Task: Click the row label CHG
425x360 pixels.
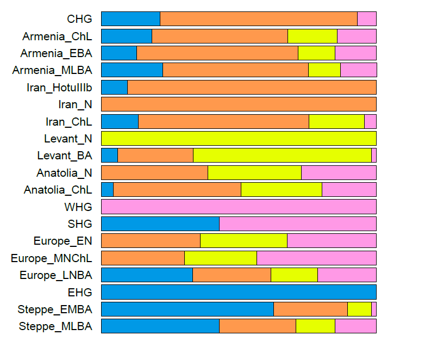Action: [79, 19]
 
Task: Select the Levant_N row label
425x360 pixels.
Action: [68, 139]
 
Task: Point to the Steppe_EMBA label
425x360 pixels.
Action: [55, 309]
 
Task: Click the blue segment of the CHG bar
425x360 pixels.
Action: [130, 19]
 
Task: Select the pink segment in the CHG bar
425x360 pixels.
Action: [366, 19]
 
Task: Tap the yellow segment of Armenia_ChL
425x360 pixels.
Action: [312, 36]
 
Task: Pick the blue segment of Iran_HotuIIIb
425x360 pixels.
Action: [114, 88]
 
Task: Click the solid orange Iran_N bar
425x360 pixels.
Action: [239, 104]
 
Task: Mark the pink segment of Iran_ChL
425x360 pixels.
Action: [370, 122]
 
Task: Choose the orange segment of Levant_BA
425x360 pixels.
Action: [155, 156]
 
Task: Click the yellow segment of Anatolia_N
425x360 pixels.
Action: [254, 173]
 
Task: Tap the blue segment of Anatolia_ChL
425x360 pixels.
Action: [107, 190]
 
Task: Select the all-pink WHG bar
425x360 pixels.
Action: [239, 207]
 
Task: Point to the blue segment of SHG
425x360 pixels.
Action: [160, 224]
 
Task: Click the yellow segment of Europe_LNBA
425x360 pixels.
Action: [294, 275]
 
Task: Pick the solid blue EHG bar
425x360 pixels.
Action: [239, 292]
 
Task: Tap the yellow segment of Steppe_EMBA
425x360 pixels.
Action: [359, 309]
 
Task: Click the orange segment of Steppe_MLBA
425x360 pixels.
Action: [257, 326]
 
